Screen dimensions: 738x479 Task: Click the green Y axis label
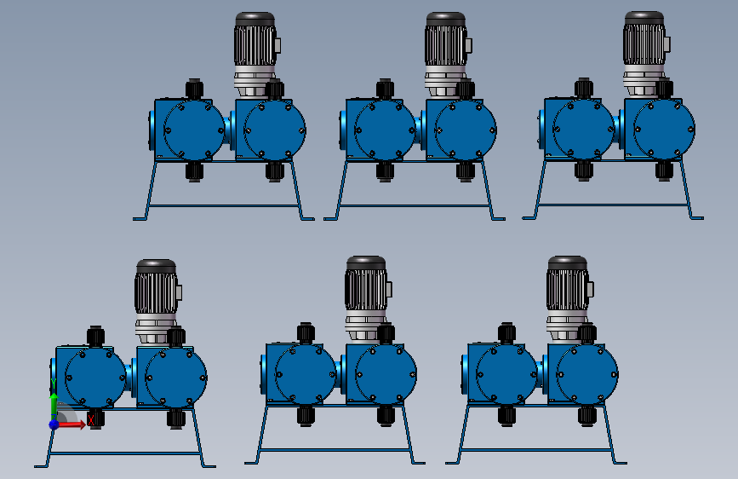pyautogui.click(x=53, y=384)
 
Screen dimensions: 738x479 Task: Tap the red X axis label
pyautogui.click(x=91, y=420)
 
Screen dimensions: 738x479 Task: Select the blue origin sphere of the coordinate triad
pyautogui.click(x=54, y=424)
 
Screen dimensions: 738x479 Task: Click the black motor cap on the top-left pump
pyautogui.click(x=255, y=20)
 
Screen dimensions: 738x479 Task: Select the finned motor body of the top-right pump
pyautogui.click(x=644, y=44)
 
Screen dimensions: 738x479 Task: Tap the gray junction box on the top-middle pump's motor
pyautogui.click(x=469, y=45)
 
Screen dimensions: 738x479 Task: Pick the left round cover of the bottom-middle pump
pyautogui.click(x=305, y=375)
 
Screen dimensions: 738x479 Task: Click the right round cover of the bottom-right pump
pyautogui.click(x=587, y=374)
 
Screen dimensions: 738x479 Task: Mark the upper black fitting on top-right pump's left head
pyautogui.click(x=584, y=88)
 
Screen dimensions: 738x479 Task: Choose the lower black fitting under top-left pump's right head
pyautogui.click(x=275, y=171)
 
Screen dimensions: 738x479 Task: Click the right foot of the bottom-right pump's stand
pyautogui.click(x=618, y=462)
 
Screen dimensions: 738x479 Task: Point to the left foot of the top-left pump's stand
pyautogui.click(x=140, y=219)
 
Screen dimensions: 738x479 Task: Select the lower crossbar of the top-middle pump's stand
pyautogui.click(x=416, y=205)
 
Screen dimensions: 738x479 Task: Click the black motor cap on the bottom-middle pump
pyautogui.click(x=366, y=263)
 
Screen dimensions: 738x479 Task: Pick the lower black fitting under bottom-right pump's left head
pyautogui.click(x=506, y=416)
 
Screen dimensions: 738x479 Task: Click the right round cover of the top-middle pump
pyautogui.click(x=466, y=130)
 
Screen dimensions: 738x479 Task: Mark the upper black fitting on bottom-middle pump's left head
pyautogui.click(x=306, y=333)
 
